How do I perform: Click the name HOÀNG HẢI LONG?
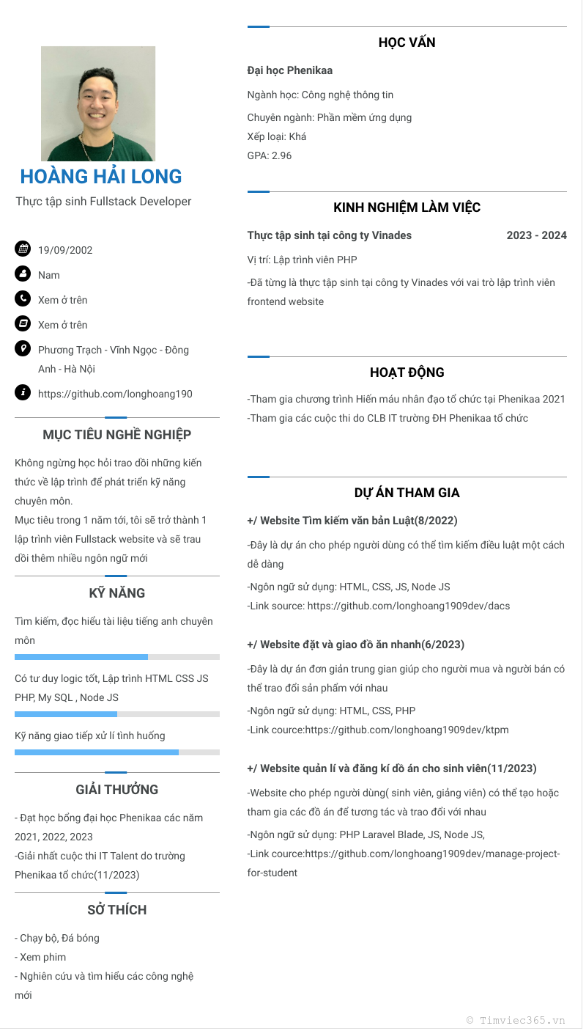[x=101, y=177]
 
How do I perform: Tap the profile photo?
[x=98, y=104]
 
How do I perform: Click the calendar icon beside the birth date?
[x=23, y=249]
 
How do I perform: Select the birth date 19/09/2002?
[x=65, y=250]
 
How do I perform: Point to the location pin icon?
[x=23, y=348]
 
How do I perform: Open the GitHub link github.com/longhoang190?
[x=115, y=394]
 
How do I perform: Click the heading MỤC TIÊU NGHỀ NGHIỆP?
[x=117, y=435]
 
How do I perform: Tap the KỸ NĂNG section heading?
[x=117, y=593]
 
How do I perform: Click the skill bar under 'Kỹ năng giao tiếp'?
[x=117, y=752]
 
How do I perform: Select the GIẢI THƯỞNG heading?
[x=117, y=790]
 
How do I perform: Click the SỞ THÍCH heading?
[x=117, y=910]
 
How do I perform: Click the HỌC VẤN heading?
[x=407, y=43]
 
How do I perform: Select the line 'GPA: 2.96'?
[x=270, y=155]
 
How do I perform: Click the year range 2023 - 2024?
[x=536, y=235]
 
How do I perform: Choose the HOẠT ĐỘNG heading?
[x=407, y=373]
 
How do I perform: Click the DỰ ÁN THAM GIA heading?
[x=407, y=493]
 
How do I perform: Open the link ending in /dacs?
[x=408, y=606]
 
